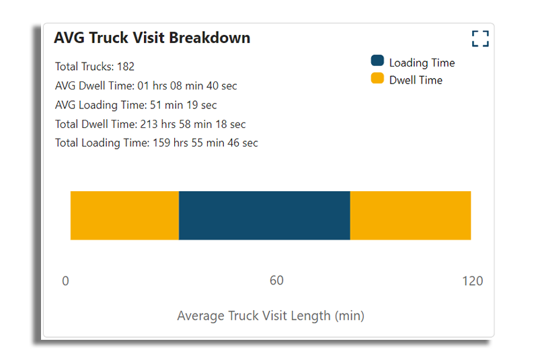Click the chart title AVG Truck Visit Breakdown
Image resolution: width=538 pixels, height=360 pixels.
(x=152, y=38)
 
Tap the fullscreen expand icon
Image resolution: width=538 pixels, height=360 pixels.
(x=480, y=38)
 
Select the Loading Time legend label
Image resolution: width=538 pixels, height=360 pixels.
(x=422, y=63)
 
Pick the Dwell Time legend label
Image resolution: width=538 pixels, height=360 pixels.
(x=416, y=80)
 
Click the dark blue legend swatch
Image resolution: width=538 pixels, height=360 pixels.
(x=377, y=61)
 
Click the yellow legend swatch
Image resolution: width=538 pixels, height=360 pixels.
(x=377, y=79)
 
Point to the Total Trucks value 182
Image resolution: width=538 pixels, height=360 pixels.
(x=126, y=67)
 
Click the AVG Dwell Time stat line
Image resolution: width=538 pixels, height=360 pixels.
(x=146, y=85)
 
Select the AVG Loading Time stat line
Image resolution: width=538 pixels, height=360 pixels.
(x=136, y=105)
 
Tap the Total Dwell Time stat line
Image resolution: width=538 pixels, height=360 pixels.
(x=150, y=124)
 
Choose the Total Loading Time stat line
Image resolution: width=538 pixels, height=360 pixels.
(x=156, y=143)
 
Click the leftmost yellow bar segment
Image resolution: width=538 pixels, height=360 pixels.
(x=124, y=215)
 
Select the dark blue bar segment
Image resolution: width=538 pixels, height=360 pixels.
(x=264, y=215)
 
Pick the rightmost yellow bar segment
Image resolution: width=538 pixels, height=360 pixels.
(x=410, y=215)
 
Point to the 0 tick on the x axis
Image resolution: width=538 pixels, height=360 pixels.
(x=65, y=281)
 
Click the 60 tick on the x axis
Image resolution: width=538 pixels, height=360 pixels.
(x=276, y=281)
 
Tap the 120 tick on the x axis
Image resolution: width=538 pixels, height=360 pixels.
(x=472, y=281)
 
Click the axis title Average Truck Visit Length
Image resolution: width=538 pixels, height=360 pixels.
(x=270, y=316)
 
